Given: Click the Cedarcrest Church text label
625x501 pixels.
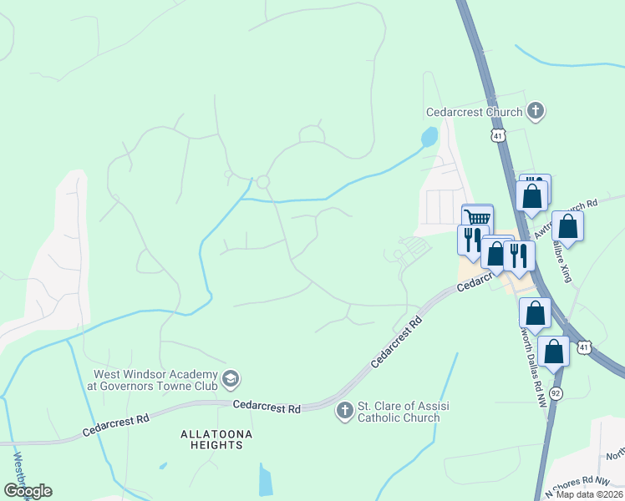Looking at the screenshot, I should click(474, 111).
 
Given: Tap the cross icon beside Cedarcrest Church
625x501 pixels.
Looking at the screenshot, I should click(536, 110).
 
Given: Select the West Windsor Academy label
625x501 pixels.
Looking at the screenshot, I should click(155, 380).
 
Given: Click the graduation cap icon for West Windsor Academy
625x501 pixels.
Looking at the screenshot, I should click(231, 381).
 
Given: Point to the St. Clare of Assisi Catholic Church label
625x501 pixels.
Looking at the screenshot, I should click(399, 411).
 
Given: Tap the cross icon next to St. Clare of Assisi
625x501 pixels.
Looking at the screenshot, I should click(344, 411).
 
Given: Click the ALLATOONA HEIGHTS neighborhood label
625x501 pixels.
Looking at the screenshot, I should click(216, 439).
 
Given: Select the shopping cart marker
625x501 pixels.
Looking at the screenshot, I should click(477, 218).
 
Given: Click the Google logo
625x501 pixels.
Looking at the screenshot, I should click(28, 491).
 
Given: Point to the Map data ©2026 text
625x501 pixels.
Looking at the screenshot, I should click(588, 493).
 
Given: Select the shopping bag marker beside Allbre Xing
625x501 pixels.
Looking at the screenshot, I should click(567, 226).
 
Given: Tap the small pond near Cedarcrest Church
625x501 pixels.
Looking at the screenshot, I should click(429, 136).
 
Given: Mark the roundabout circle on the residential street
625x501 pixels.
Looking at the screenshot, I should click(263, 182).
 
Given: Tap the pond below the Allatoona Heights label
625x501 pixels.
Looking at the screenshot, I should click(266, 480).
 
